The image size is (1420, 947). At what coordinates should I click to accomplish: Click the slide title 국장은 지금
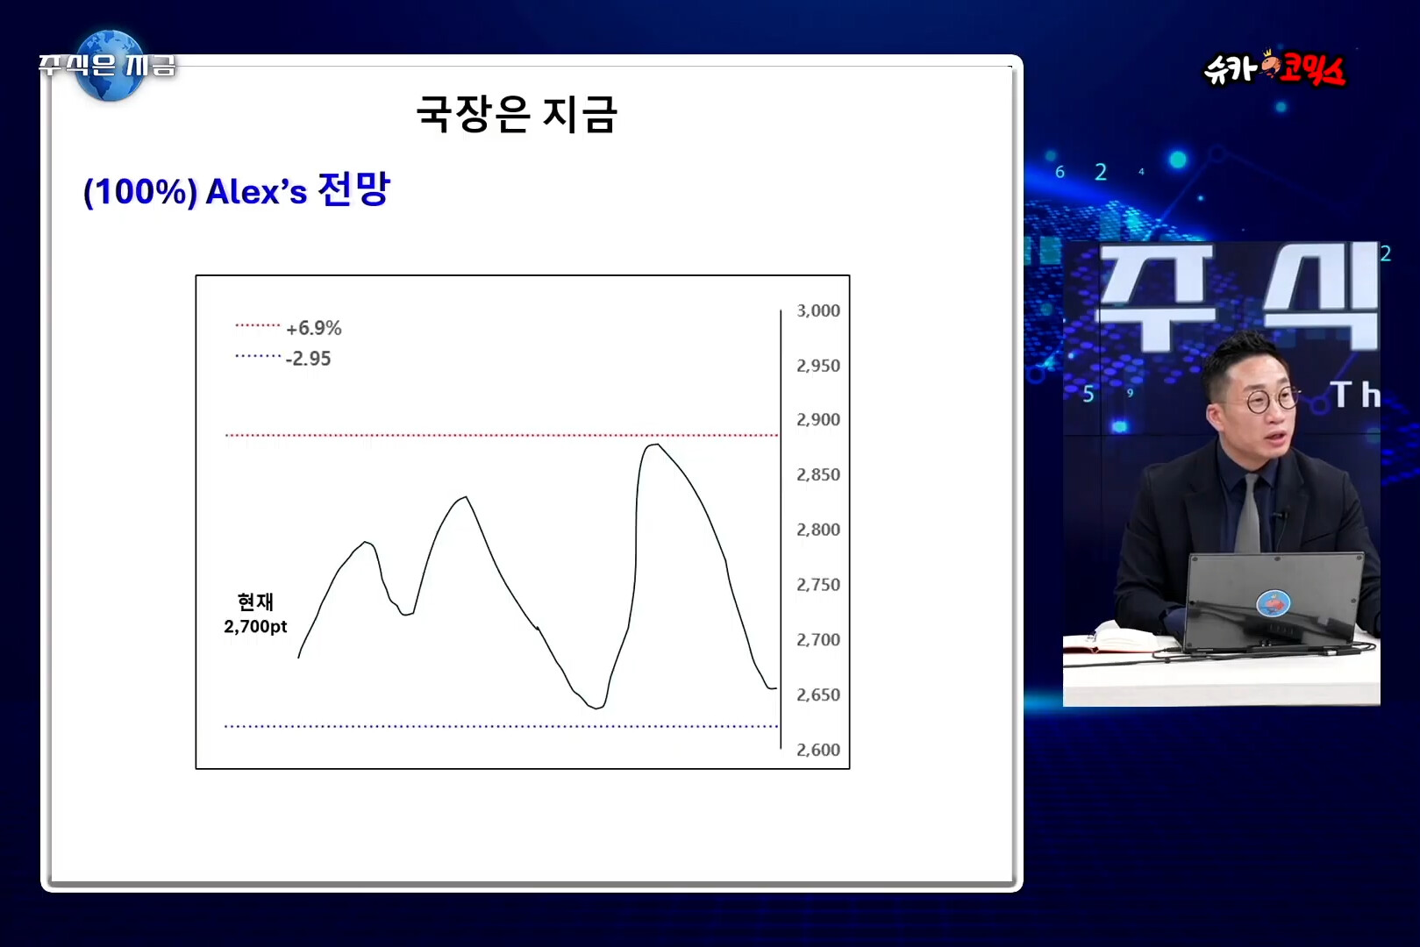[x=516, y=114]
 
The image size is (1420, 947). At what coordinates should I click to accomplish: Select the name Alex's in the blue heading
[x=257, y=191]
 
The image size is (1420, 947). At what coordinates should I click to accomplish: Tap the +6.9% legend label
[x=313, y=328]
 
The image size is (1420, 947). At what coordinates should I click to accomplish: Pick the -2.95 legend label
[x=308, y=359]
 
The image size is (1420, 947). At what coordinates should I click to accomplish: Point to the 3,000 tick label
[x=817, y=310]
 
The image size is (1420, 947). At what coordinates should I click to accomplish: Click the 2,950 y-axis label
[x=817, y=366]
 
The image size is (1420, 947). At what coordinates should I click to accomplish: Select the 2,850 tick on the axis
[x=817, y=474]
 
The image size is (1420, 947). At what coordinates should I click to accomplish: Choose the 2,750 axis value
[x=817, y=585]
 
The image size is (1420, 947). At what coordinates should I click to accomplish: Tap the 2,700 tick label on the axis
[x=817, y=639]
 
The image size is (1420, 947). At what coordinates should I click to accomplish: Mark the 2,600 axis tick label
[x=817, y=750]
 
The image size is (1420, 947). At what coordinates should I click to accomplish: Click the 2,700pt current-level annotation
[x=255, y=626]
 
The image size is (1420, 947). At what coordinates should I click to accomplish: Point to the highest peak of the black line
[x=653, y=445]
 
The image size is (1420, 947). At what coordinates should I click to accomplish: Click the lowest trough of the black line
[x=596, y=708]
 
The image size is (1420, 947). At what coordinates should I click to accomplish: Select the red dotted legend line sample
[x=257, y=325]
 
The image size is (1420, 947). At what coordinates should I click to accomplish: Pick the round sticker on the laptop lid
[x=1273, y=602]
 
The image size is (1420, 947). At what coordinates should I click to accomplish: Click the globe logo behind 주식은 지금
[x=110, y=66]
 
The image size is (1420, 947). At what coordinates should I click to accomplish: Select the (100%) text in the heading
[x=140, y=191]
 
